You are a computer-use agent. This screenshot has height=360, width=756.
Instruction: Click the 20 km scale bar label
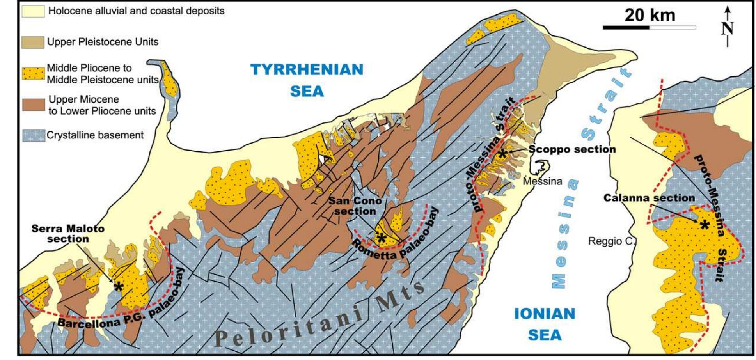[650, 16]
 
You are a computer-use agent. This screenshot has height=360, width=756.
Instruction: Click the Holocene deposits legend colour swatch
[33, 11]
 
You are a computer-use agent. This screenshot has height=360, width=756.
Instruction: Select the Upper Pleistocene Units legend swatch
[33, 42]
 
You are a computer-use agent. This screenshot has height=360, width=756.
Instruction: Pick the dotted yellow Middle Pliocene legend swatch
[33, 73]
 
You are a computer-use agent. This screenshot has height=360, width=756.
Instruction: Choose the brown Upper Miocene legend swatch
[33, 105]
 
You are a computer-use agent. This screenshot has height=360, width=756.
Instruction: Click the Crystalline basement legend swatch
[33, 135]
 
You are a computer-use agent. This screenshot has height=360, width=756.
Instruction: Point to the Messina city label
[543, 181]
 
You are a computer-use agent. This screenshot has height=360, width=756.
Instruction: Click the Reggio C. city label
[612, 241]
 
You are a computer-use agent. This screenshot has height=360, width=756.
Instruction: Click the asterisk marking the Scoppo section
[502, 154]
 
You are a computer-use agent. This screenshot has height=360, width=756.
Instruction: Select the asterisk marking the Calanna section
[704, 225]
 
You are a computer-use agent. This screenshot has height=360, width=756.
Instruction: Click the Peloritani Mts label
[320, 316]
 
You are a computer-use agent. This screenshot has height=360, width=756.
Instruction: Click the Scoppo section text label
[572, 149]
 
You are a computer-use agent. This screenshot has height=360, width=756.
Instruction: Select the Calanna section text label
[649, 198]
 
